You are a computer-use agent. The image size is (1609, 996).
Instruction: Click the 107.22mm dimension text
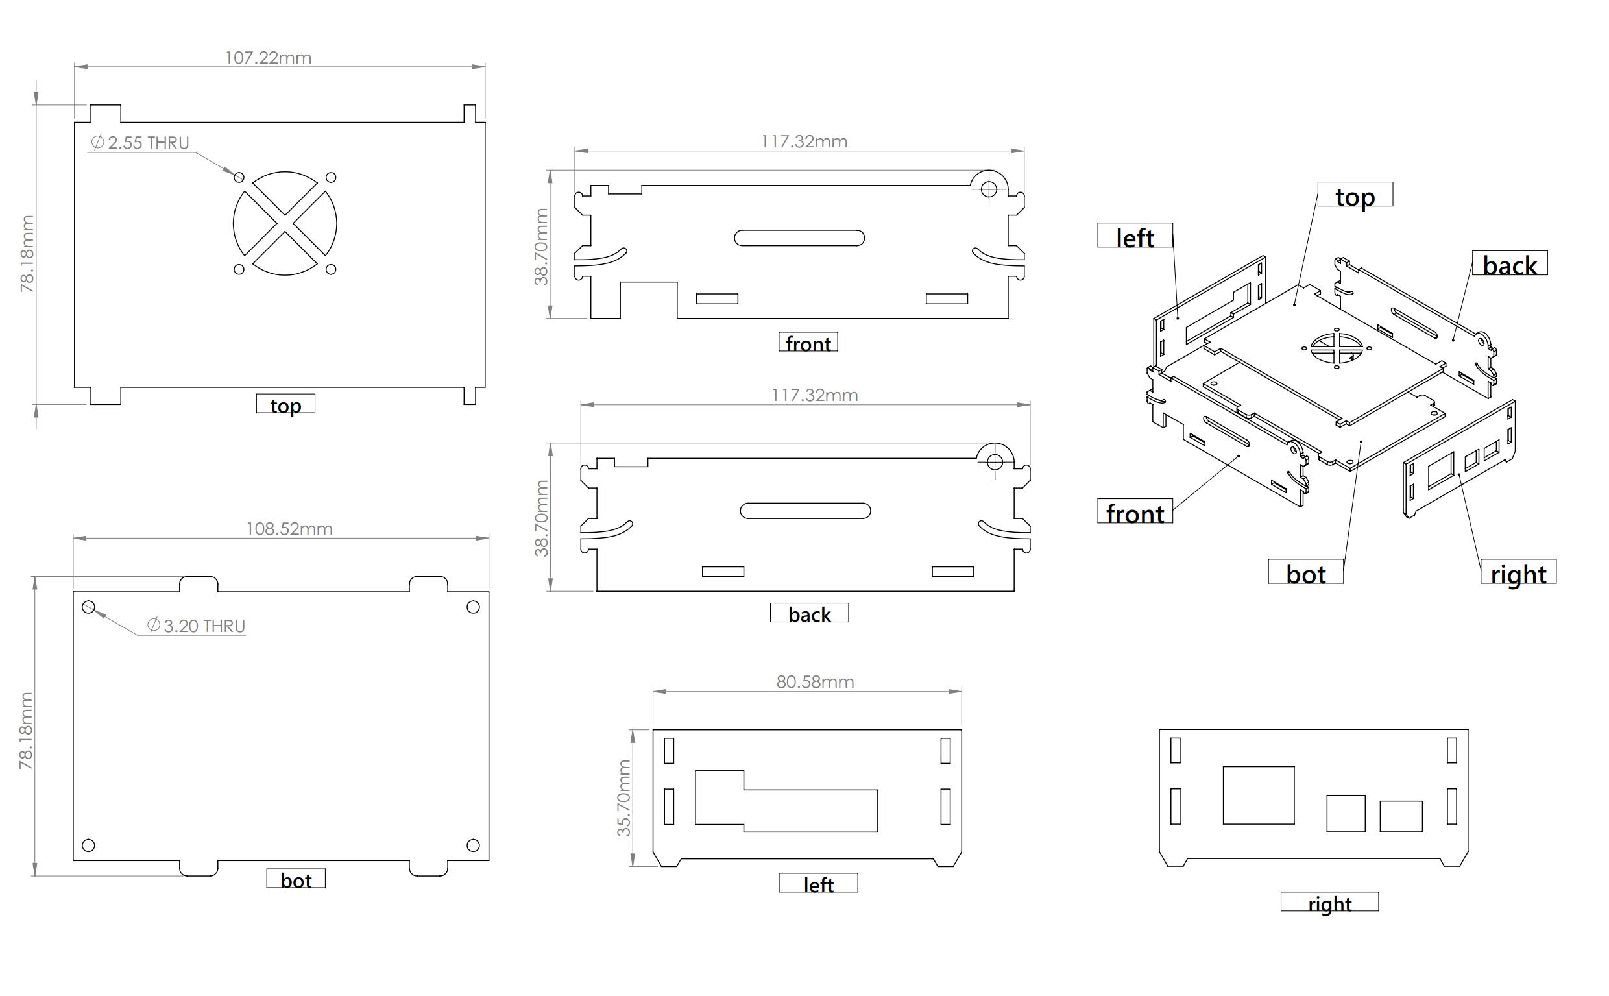pyautogui.click(x=268, y=58)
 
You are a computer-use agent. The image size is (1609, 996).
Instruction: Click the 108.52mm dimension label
pyautogui.click(x=289, y=529)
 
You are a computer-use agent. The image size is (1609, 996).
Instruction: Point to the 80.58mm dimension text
pyautogui.click(x=815, y=682)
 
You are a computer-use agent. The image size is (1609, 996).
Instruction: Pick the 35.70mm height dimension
pyautogui.click(x=623, y=798)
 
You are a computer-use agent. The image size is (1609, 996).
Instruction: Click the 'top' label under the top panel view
pyautogui.click(x=285, y=404)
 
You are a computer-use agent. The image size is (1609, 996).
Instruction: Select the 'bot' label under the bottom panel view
pyautogui.click(x=296, y=879)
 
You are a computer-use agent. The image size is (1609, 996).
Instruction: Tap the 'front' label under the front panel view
pyautogui.click(x=808, y=343)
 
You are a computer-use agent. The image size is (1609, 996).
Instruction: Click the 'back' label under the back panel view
pyautogui.click(x=809, y=614)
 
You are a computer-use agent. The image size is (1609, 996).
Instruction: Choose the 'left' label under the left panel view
pyautogui.click(x=818, y=884)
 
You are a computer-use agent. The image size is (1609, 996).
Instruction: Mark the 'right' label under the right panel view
pyautogui.click(x=1329, y=903)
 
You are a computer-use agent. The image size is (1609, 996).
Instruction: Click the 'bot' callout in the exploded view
pyautogui.click(x=1305, y=573)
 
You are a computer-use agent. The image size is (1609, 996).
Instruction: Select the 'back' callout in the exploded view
pyautogui.click(x=1510, y=265)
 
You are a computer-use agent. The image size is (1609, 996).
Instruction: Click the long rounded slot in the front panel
pyautogui.click(x=799, y=237)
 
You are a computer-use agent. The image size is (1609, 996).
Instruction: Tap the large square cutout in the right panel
pyautogui.click(x=1258, y=795)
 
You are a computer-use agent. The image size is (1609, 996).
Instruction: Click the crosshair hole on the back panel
pyautogui.click(x=995, y=462)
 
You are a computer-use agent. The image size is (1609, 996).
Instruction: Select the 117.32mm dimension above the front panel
pyautogui.click(x=803, y=141)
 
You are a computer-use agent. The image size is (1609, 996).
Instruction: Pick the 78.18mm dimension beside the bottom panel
pyautogui.click(x=26, y=731)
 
